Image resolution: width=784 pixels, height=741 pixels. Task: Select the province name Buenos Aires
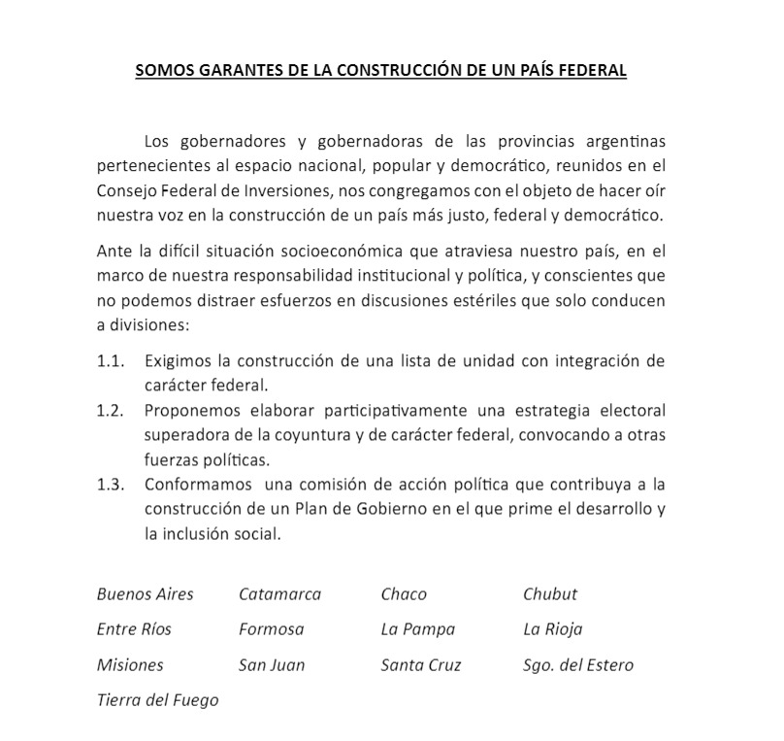tap(146, 593)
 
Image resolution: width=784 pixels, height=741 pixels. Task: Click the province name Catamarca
tap(279, 593)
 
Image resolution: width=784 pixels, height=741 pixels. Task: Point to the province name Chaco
tap(404, 593)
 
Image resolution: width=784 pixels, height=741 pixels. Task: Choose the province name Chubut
tap(550, 593)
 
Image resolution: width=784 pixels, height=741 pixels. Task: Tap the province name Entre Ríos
tap(134, 629)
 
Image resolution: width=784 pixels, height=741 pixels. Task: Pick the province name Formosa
tap(271, 629)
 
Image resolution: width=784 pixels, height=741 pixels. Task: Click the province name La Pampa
tap(418, 629)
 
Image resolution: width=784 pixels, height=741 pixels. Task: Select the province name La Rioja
tap(553, 629)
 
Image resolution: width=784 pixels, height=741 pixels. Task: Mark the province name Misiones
tap(130, 665)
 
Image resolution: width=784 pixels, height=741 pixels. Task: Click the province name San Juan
tap(272, 665)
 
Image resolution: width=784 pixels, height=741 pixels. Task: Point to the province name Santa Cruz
tap(421, 665)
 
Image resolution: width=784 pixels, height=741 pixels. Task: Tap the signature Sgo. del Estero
tap(578, 665)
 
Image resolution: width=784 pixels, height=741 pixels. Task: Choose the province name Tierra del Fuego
tap(157, 700)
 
